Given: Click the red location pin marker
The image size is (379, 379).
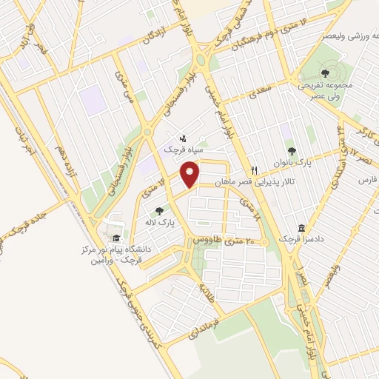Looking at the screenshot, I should (x=191, y=175).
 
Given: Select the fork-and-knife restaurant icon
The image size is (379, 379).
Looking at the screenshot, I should (x=253, y=170).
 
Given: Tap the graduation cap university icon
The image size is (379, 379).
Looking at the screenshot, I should (x=115, y=238).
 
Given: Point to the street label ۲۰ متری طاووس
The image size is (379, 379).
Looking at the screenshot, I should (x=229, y=241).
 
